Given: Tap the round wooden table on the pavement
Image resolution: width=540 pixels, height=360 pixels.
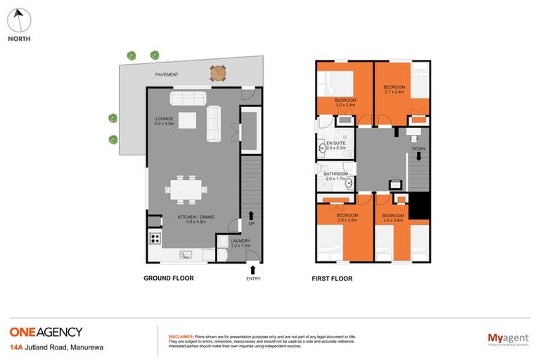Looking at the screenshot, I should click(x=218, y=72).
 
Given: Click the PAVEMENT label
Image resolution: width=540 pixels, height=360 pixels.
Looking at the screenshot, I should click(x=167, y=75).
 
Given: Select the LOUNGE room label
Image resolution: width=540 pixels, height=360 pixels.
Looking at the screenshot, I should click(x=165, y=121).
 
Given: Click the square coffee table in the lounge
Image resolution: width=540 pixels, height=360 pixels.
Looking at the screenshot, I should click(x=186, y=121).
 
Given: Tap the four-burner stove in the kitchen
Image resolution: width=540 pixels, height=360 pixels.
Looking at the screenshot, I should click(x=155, y=238).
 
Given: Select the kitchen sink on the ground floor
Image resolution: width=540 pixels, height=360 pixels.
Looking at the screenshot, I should click(x=186, y=255).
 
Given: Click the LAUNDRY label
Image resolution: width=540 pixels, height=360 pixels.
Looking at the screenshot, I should click(x=241, y=243).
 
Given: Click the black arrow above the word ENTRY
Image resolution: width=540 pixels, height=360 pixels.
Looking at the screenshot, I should click(x=252, y=268).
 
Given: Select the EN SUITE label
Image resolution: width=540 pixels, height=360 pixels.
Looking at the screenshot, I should click(x=335, y=146).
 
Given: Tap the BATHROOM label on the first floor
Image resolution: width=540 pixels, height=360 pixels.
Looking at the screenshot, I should click(x=336, y=175).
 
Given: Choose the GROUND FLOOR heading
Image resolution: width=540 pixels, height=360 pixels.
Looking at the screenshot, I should click(x=169, y=278).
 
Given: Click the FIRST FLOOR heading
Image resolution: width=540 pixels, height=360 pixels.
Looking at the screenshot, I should click(x=332, y=278).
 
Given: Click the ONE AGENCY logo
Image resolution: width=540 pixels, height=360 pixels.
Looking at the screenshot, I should click(x=46, y=332).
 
